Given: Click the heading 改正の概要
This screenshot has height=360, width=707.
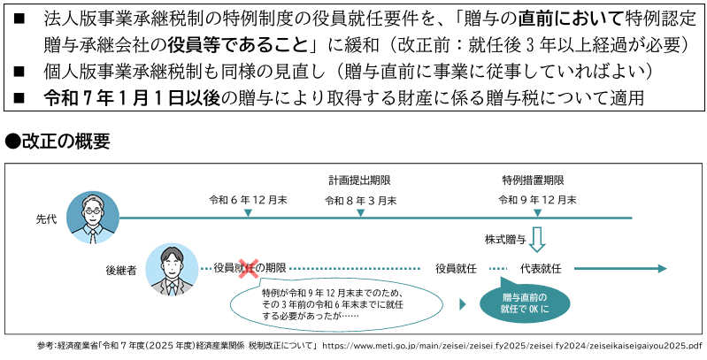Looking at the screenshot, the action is [x=58, y=142].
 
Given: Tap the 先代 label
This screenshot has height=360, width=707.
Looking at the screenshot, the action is [x=46, y=221].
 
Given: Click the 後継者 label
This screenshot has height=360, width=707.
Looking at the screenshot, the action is [x=121, y=271].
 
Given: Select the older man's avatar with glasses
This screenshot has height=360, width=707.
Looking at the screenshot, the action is [x=93, y=218].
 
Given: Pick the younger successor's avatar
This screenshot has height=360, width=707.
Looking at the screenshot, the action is [x=172, y=270].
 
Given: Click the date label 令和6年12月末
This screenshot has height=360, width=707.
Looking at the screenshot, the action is [x=248, y=200].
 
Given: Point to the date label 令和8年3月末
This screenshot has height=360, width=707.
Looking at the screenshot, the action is [x=361, y=201].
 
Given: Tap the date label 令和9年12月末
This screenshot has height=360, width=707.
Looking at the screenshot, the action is [x=537, y=200].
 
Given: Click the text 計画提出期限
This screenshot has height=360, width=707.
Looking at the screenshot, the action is [x=359, y=180].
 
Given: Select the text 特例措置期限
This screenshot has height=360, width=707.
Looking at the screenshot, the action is [x=533, y=180].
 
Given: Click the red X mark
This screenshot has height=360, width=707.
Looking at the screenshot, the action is [x=249, y=268].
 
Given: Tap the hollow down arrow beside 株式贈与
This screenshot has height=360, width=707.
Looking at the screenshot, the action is [x=537, y=240].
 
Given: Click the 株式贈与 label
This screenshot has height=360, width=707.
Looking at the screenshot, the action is [x=505, y=240].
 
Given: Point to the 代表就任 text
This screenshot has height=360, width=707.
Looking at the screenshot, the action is [x=541, y=269].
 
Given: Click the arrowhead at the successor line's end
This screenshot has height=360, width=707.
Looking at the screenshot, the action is [x=663, y=269].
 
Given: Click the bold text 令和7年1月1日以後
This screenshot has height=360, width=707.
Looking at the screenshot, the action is [x=132, y=98].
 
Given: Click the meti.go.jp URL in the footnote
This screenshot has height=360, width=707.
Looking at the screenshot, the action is [x=512, y=346].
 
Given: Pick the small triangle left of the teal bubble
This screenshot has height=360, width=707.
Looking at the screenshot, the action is [x=462, y=304].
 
